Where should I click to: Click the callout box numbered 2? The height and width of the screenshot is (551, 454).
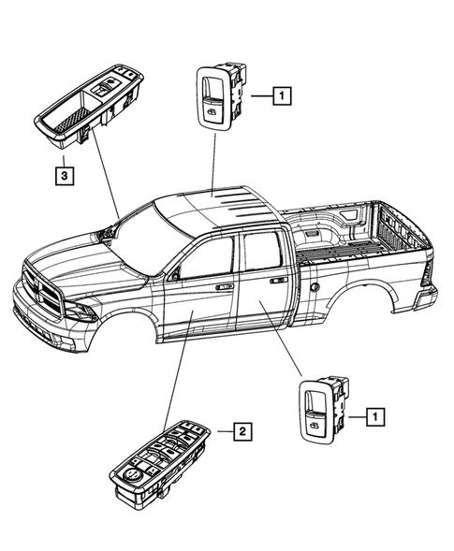[242, 431]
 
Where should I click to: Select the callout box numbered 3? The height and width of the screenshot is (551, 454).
[64, 174]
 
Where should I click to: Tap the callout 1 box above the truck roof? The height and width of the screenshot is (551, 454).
[282, 94]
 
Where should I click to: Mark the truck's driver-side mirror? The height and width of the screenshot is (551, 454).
[172, 276]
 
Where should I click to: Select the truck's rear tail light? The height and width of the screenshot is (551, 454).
[426, 273]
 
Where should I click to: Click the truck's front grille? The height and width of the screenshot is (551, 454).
[37, 284]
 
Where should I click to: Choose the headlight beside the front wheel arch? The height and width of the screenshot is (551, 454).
[81, 312]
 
